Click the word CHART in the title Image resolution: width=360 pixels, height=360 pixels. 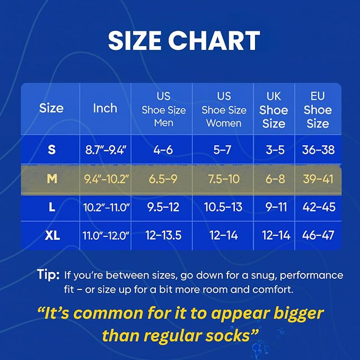click(x=214, y=40)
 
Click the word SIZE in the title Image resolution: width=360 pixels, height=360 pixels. click(x=135, y=40)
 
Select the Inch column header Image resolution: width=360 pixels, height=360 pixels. click(x=105, y=108)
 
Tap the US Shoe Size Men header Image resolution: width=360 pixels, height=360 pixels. click(x=164, y=110)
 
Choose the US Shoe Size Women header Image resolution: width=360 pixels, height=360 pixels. click(x=224, y=110)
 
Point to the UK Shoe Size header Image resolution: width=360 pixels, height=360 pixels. click(x=274, y=110)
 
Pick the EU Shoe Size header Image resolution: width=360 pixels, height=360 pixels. click(x=318, y=110)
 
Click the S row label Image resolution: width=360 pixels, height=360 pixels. click(x=51, y=150)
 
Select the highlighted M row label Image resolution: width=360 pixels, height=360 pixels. click(x=52, y=178)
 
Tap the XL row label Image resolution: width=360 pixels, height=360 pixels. click(x=52, y=235)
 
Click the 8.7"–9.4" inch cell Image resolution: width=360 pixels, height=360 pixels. click(x=106, y=150)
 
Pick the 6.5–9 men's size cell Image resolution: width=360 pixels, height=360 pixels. click(x=163, y=179)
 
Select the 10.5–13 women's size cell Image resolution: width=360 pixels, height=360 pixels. click(x=223, y=207)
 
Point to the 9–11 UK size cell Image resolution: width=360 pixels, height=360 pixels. click(x=276, y=207)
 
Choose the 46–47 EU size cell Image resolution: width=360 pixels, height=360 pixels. click(x=318, y=235)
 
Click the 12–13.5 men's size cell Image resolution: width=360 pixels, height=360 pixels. click(x=163, y=235)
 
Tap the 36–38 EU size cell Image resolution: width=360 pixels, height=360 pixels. click(x=318, y=150)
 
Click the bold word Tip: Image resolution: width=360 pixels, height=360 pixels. click(x=48, y=275)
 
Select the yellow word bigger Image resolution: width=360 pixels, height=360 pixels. click(x=298, y=314)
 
